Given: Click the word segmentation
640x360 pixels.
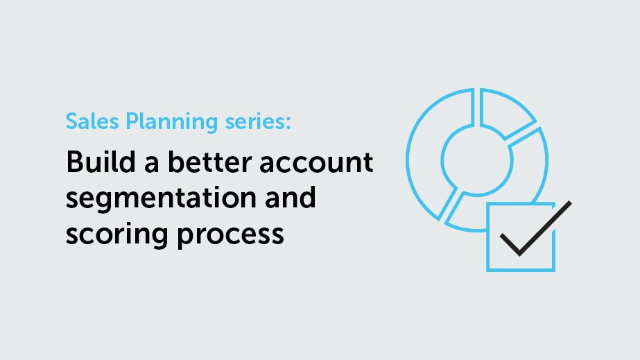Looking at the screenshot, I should [x=150, y=200].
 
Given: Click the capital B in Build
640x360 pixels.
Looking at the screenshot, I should [x=73, y=162].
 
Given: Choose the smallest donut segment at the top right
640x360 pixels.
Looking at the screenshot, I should [x=505, y=115].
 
